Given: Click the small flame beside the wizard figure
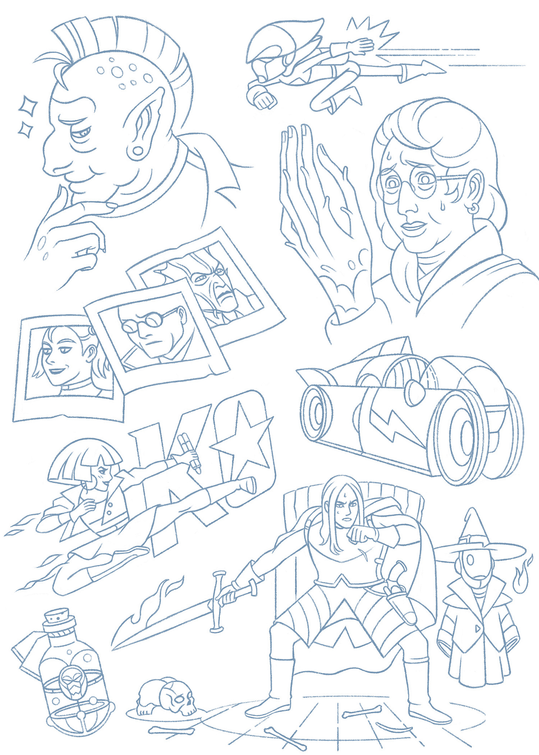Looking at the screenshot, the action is click(x=519, y=576).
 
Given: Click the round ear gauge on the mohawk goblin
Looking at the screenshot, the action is click(x=137, y=150).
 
